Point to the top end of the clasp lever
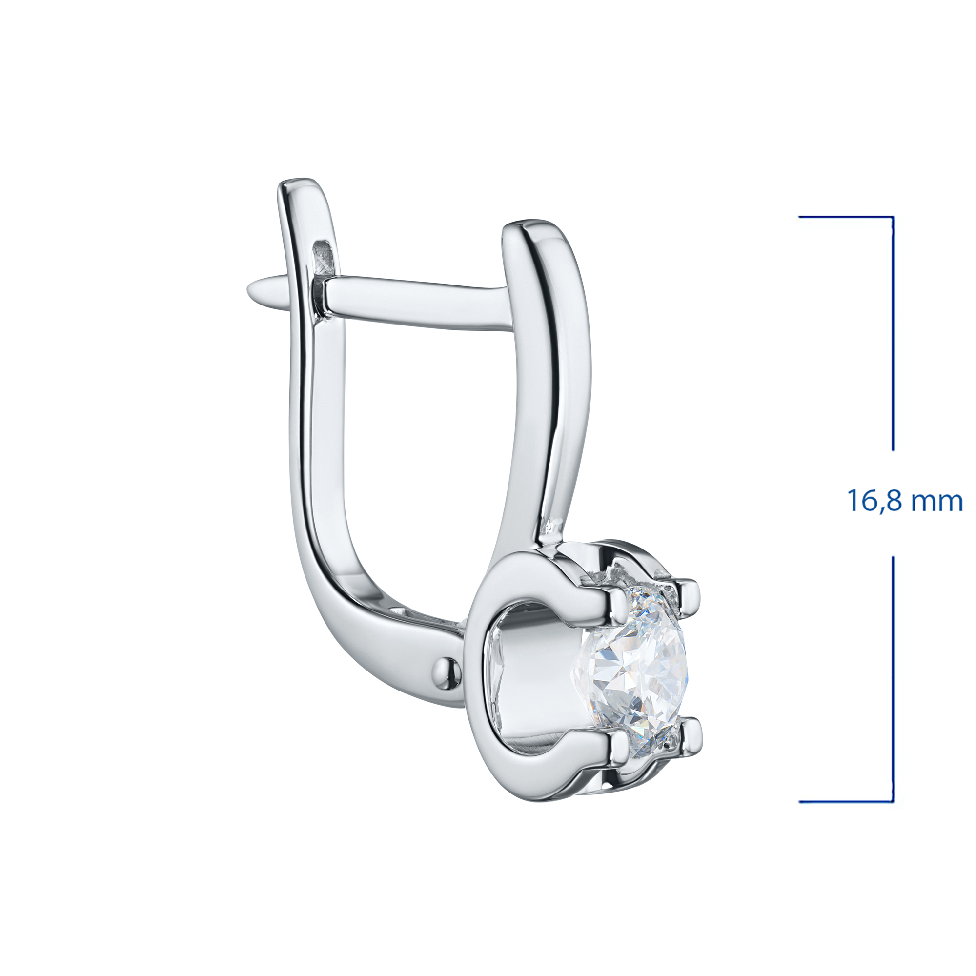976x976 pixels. [301, 183]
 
